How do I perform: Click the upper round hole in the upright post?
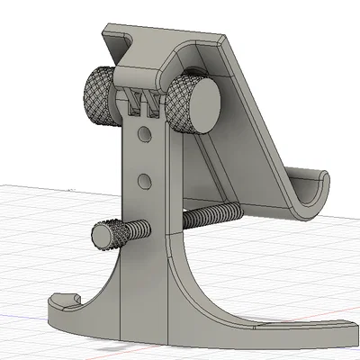(x=142, y=136)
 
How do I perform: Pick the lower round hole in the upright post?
(x=142, y=182)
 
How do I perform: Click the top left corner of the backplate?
(x=106, y=29)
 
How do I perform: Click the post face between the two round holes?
(x=142, y=159)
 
